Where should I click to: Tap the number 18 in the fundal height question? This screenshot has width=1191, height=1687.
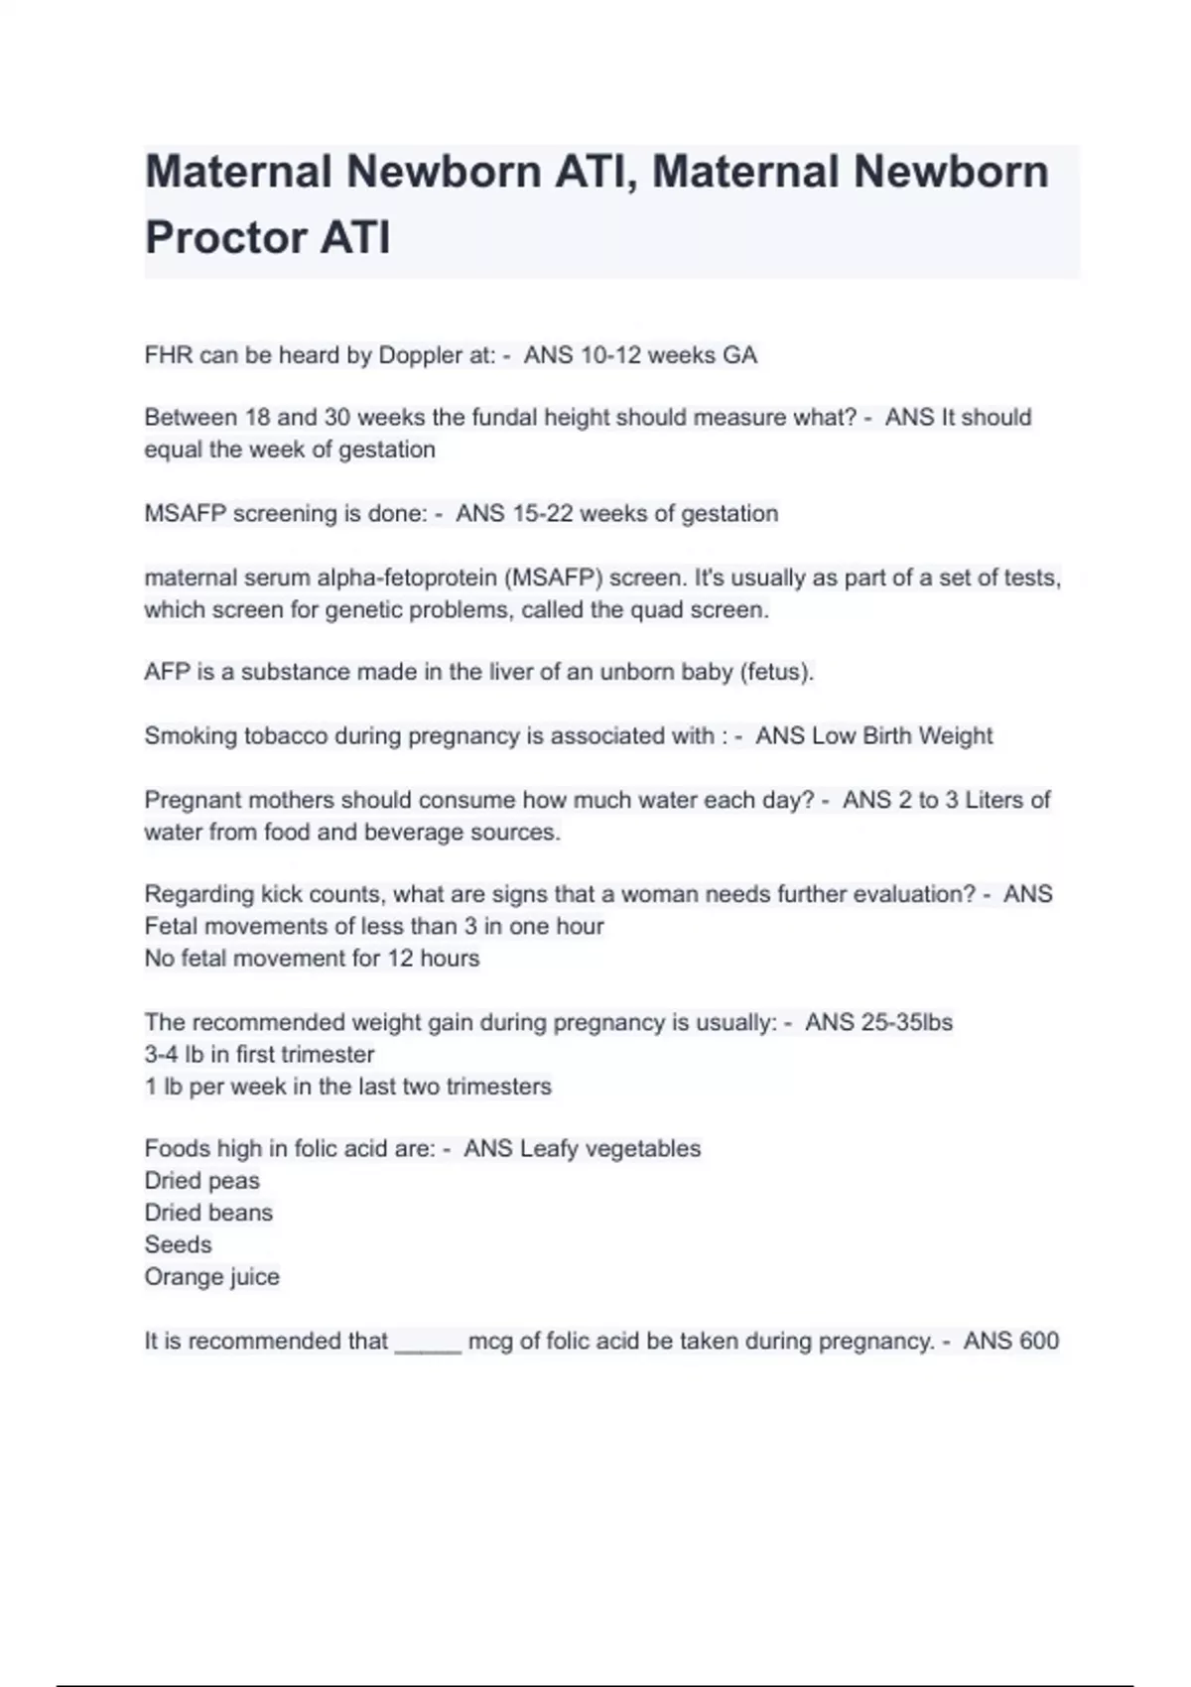click(258, 418)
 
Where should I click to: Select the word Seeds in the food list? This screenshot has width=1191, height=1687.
click(179, 1245)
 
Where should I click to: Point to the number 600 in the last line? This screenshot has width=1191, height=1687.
click(1038, 1342)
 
